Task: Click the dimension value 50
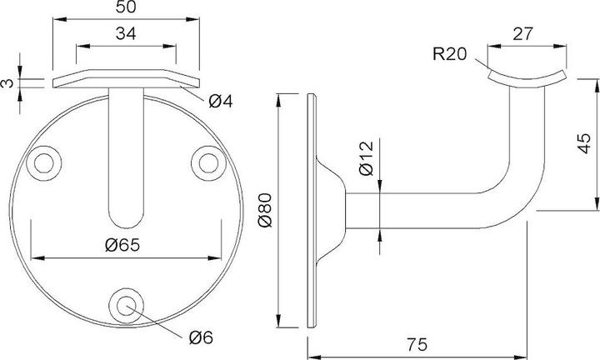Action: (126, 7)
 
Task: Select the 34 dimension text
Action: (126, 33)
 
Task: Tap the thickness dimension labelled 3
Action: (7, 83)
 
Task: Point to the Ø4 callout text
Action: (221, 102)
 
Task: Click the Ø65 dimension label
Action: (122, 245)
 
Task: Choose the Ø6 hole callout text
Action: (201, 337)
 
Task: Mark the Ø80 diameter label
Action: (265, 210)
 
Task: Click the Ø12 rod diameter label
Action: (367, 158)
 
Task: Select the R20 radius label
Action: (450, 54)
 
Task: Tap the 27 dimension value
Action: (522, 33)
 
